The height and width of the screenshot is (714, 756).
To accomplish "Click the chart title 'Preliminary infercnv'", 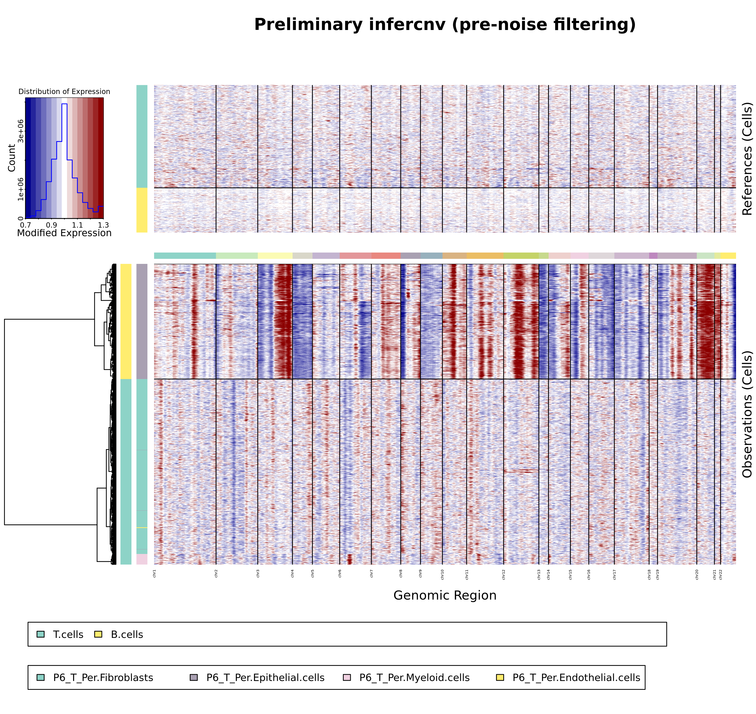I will [x=444, y=25].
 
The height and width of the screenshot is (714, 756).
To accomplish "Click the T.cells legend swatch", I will [x=41, y=634].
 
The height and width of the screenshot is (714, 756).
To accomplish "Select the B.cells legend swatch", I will [x=98, y=634].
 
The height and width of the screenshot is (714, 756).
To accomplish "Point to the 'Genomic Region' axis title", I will [x=444, y=595].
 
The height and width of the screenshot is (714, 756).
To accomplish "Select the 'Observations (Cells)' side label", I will [x=747, y=414].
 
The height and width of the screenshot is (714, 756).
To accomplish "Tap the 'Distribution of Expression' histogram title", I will [x=64, y=92].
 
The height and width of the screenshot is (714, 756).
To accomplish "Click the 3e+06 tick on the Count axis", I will [x=21, y=131].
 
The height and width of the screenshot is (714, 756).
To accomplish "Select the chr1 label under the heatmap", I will [x=154, y=574].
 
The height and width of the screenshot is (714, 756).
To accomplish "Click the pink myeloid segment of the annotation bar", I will [x=142, y=559].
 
